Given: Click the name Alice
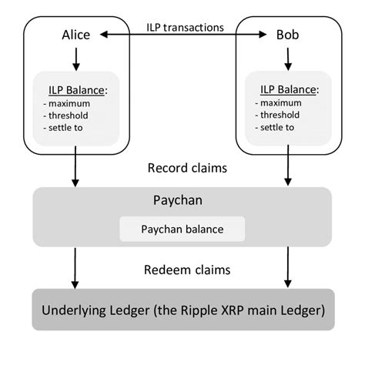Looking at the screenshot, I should pyautogui.click(x=77, y=35).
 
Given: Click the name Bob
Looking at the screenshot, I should pyautogui.click(x=290, y=35).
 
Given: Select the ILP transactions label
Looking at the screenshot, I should pyautogui.click(x=184, y=27).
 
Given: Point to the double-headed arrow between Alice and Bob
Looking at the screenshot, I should pyautogui.click(x=184, y=35).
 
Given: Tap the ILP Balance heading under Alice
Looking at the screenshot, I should pyautogui.click(x=78, y=87).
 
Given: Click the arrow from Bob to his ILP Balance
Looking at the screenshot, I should pyautogui.click(x=288, y=58).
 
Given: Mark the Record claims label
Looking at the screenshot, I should pyautogui.click(x=183, y=167).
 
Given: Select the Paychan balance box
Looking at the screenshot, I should pyautogui.click(x=182, y=229).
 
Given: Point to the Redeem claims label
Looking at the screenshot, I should pyautogui.click(x=183, y=270).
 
